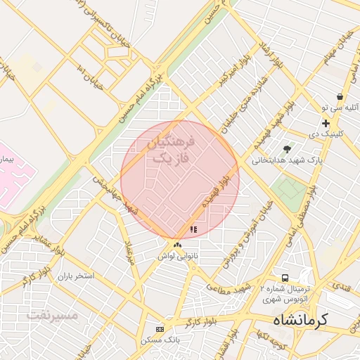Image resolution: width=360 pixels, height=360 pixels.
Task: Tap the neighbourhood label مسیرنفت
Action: coord(52,315)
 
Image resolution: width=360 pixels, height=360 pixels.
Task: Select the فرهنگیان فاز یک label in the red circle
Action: coord(172,150)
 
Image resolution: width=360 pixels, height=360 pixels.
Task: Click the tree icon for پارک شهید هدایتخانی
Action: coord(287,148)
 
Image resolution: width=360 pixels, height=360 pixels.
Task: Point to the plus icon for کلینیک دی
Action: coord(326,123)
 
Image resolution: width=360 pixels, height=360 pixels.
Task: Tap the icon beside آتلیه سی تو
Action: coord(340,97)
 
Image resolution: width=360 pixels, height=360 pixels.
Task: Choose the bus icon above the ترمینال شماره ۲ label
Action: coord(285,278)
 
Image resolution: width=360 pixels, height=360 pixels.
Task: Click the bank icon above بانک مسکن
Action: coord(160,329)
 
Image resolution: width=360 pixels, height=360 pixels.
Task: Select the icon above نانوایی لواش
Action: coord(177,245)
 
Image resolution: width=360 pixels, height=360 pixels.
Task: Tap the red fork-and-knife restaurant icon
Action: coord(193,229)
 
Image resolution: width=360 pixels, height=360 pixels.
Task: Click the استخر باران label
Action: coord(77,274)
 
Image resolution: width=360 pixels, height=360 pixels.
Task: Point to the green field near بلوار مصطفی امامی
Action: coord(290,189)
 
